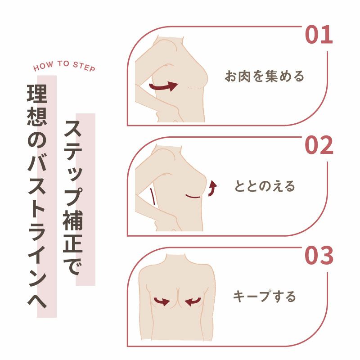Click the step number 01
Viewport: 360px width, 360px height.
(319, 35)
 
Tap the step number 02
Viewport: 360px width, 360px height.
(319, 145)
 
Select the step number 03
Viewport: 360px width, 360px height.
(319, 255)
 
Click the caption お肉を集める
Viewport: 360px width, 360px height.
(265, 76)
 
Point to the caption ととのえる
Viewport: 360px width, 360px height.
(265, 186)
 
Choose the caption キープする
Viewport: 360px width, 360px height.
(265, 296)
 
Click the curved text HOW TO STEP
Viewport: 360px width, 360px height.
(64, 65)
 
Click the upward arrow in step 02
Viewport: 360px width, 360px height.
(212, 188)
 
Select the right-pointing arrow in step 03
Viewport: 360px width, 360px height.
(162, 301)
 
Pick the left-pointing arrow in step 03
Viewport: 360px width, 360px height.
(193, 301)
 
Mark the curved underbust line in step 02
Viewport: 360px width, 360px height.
(193, 197)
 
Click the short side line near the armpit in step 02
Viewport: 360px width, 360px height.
(153, 197)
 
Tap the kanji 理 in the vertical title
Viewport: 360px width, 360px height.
(37, 93)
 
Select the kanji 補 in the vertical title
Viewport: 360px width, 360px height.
(73, 220)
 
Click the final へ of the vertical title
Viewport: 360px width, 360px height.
(37, 300)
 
